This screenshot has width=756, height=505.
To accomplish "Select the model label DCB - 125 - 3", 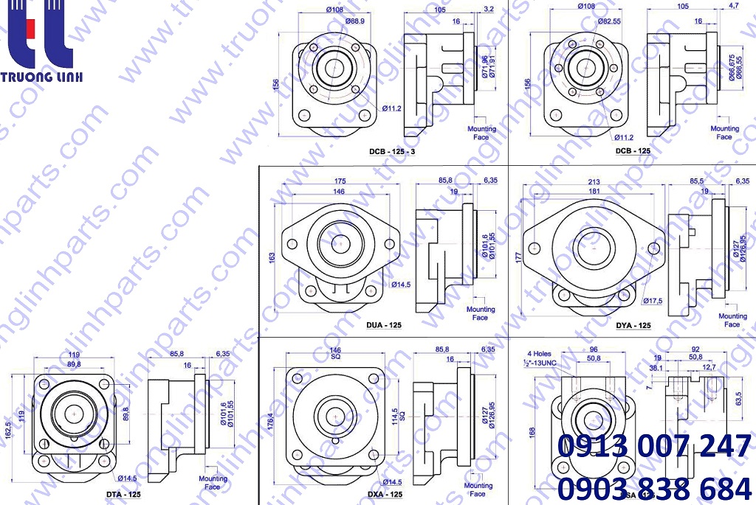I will [392, 151].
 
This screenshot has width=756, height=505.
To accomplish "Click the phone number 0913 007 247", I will [655, 447].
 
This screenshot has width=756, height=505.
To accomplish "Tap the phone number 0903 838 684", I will [655, 487].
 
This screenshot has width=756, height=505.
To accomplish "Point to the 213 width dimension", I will [594, 181].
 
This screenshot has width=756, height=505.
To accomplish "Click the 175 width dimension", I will [340, 181].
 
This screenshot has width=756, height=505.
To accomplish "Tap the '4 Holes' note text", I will [539, 354].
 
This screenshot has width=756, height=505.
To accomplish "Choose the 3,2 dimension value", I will [489, 10].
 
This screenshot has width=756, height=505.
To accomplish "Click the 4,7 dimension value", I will [734, 6].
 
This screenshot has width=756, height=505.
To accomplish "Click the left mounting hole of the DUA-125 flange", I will [292, 244].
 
